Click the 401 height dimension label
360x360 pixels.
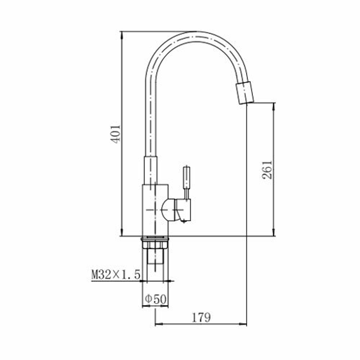[x=116, y=134]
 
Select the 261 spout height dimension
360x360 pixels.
[x=267, y=170]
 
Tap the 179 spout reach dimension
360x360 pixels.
[x=201, y=318]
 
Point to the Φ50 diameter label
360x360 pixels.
[x=155, y=299]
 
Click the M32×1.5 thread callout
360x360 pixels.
[x=116, y=274]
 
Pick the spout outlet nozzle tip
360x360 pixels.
[x=245, y=93]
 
